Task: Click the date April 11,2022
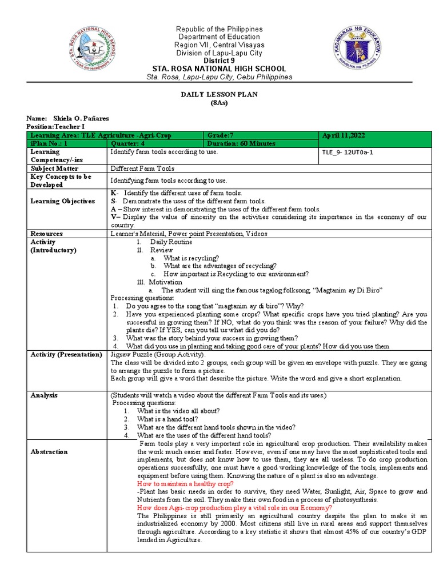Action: click(343, 135)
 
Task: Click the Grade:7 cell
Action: click(221, 135)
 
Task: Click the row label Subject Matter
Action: click(54, 169)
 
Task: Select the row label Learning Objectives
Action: click(63, 201)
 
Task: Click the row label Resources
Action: click(47, 234)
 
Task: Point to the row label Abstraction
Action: click(50, 451)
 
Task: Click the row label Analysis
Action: click(44, 395)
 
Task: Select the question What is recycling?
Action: click(191, 258)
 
